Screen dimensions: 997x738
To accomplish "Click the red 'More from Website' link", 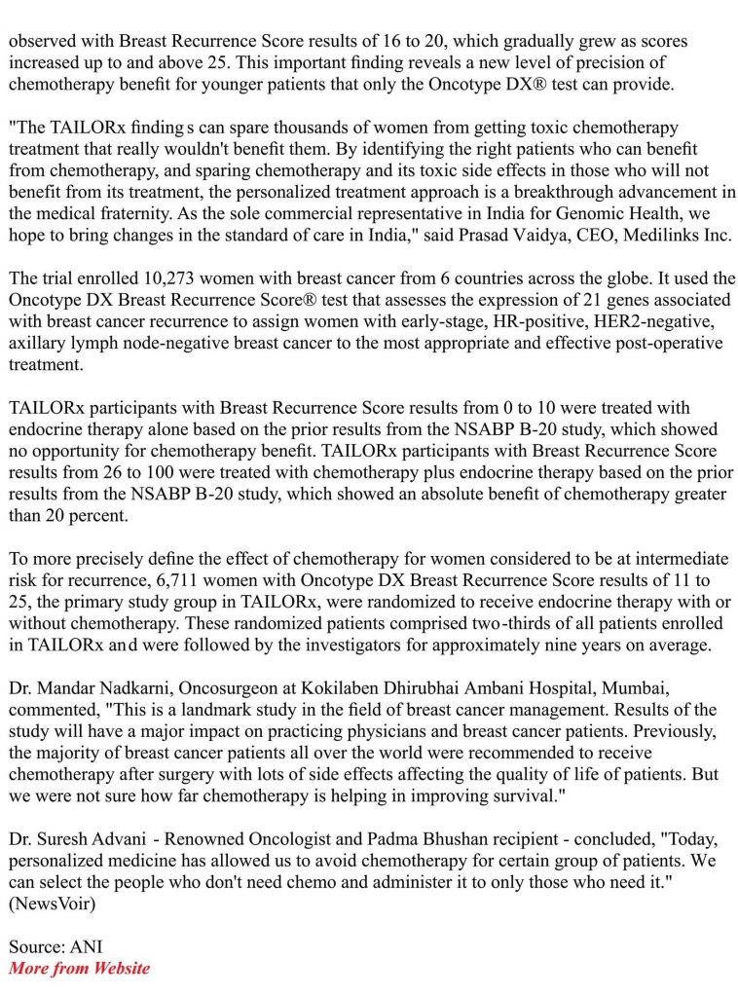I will tap(80, 968).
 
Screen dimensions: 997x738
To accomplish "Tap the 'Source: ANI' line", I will tap(55, 945).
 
